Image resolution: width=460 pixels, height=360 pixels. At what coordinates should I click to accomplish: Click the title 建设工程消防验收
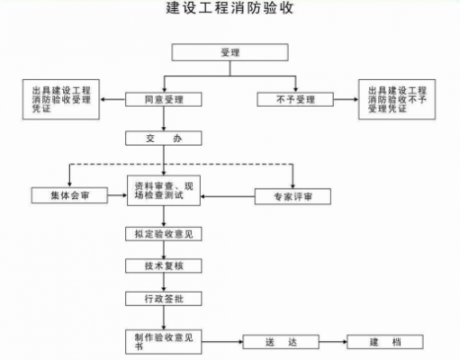[x=230, y=12]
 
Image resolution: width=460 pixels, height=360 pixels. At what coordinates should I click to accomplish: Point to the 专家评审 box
[x=293, y=195]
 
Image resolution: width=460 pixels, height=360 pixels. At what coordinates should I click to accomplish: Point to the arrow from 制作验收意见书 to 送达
[x=221, y=343]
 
